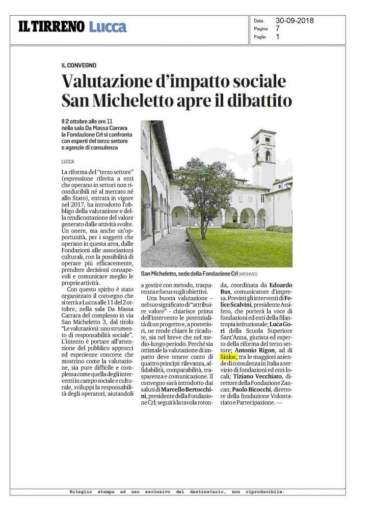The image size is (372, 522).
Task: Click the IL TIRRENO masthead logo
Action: point(51,27)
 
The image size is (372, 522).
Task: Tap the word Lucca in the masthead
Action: point(108,27)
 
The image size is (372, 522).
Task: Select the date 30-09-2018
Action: point(295,21)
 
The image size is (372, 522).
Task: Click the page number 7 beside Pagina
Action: point(278,29)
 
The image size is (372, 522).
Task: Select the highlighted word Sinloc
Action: point(229,357)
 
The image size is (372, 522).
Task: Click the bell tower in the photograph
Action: point(263,153)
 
